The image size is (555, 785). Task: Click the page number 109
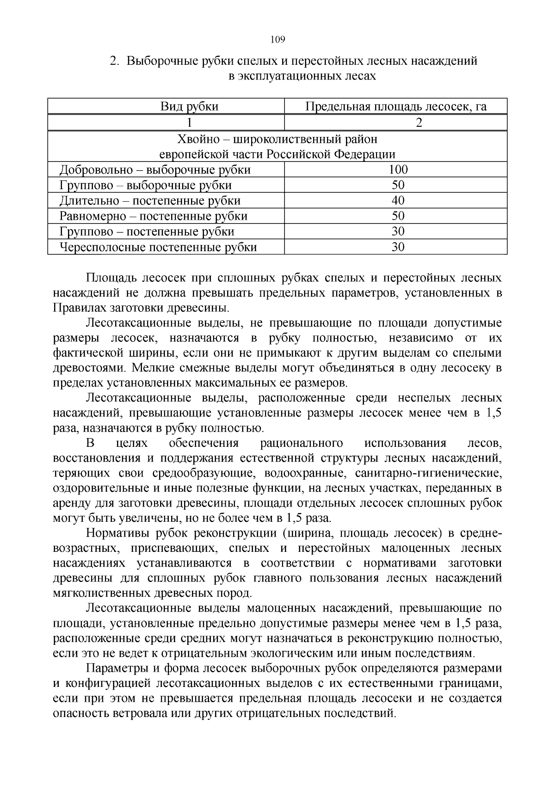pyautogui.click(x=277, y=39)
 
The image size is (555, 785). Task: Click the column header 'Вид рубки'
pyautogui.click(x=189, y=107)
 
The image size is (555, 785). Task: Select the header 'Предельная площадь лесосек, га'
pyautogui.click(x=396, y=107)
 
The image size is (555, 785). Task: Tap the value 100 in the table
pyautogui.click(x=398, y=169)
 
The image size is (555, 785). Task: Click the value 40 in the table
pyautogui.click(x=398, y=200)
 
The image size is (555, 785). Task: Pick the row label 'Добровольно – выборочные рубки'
pyautogui.click(x=155, y=170)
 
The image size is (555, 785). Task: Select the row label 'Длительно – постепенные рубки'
pyautogui.click(x=150, y=201)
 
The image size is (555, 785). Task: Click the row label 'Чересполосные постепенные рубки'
pyautogui.click(x=158, y=247)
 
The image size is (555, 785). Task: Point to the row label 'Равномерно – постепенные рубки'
pyautogui.click(x=153, y=216)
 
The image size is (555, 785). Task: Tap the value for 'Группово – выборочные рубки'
pyautogui.click(x=398, y=185)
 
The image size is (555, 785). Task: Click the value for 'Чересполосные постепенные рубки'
pyautogui.click(x=398, y=247)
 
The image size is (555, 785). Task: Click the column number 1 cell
pyautogui.click(x=189, y=123)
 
